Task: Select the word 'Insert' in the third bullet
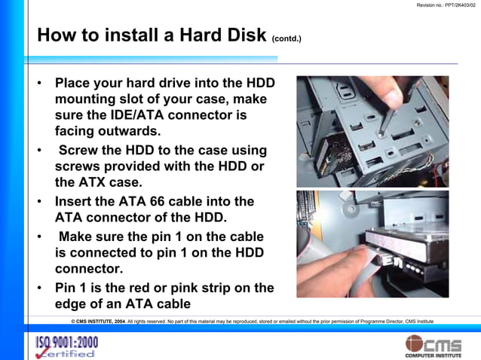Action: pyautogui.click(x=78, y=201)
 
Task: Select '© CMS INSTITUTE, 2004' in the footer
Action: pyautogui.click(x=93, y=321)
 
